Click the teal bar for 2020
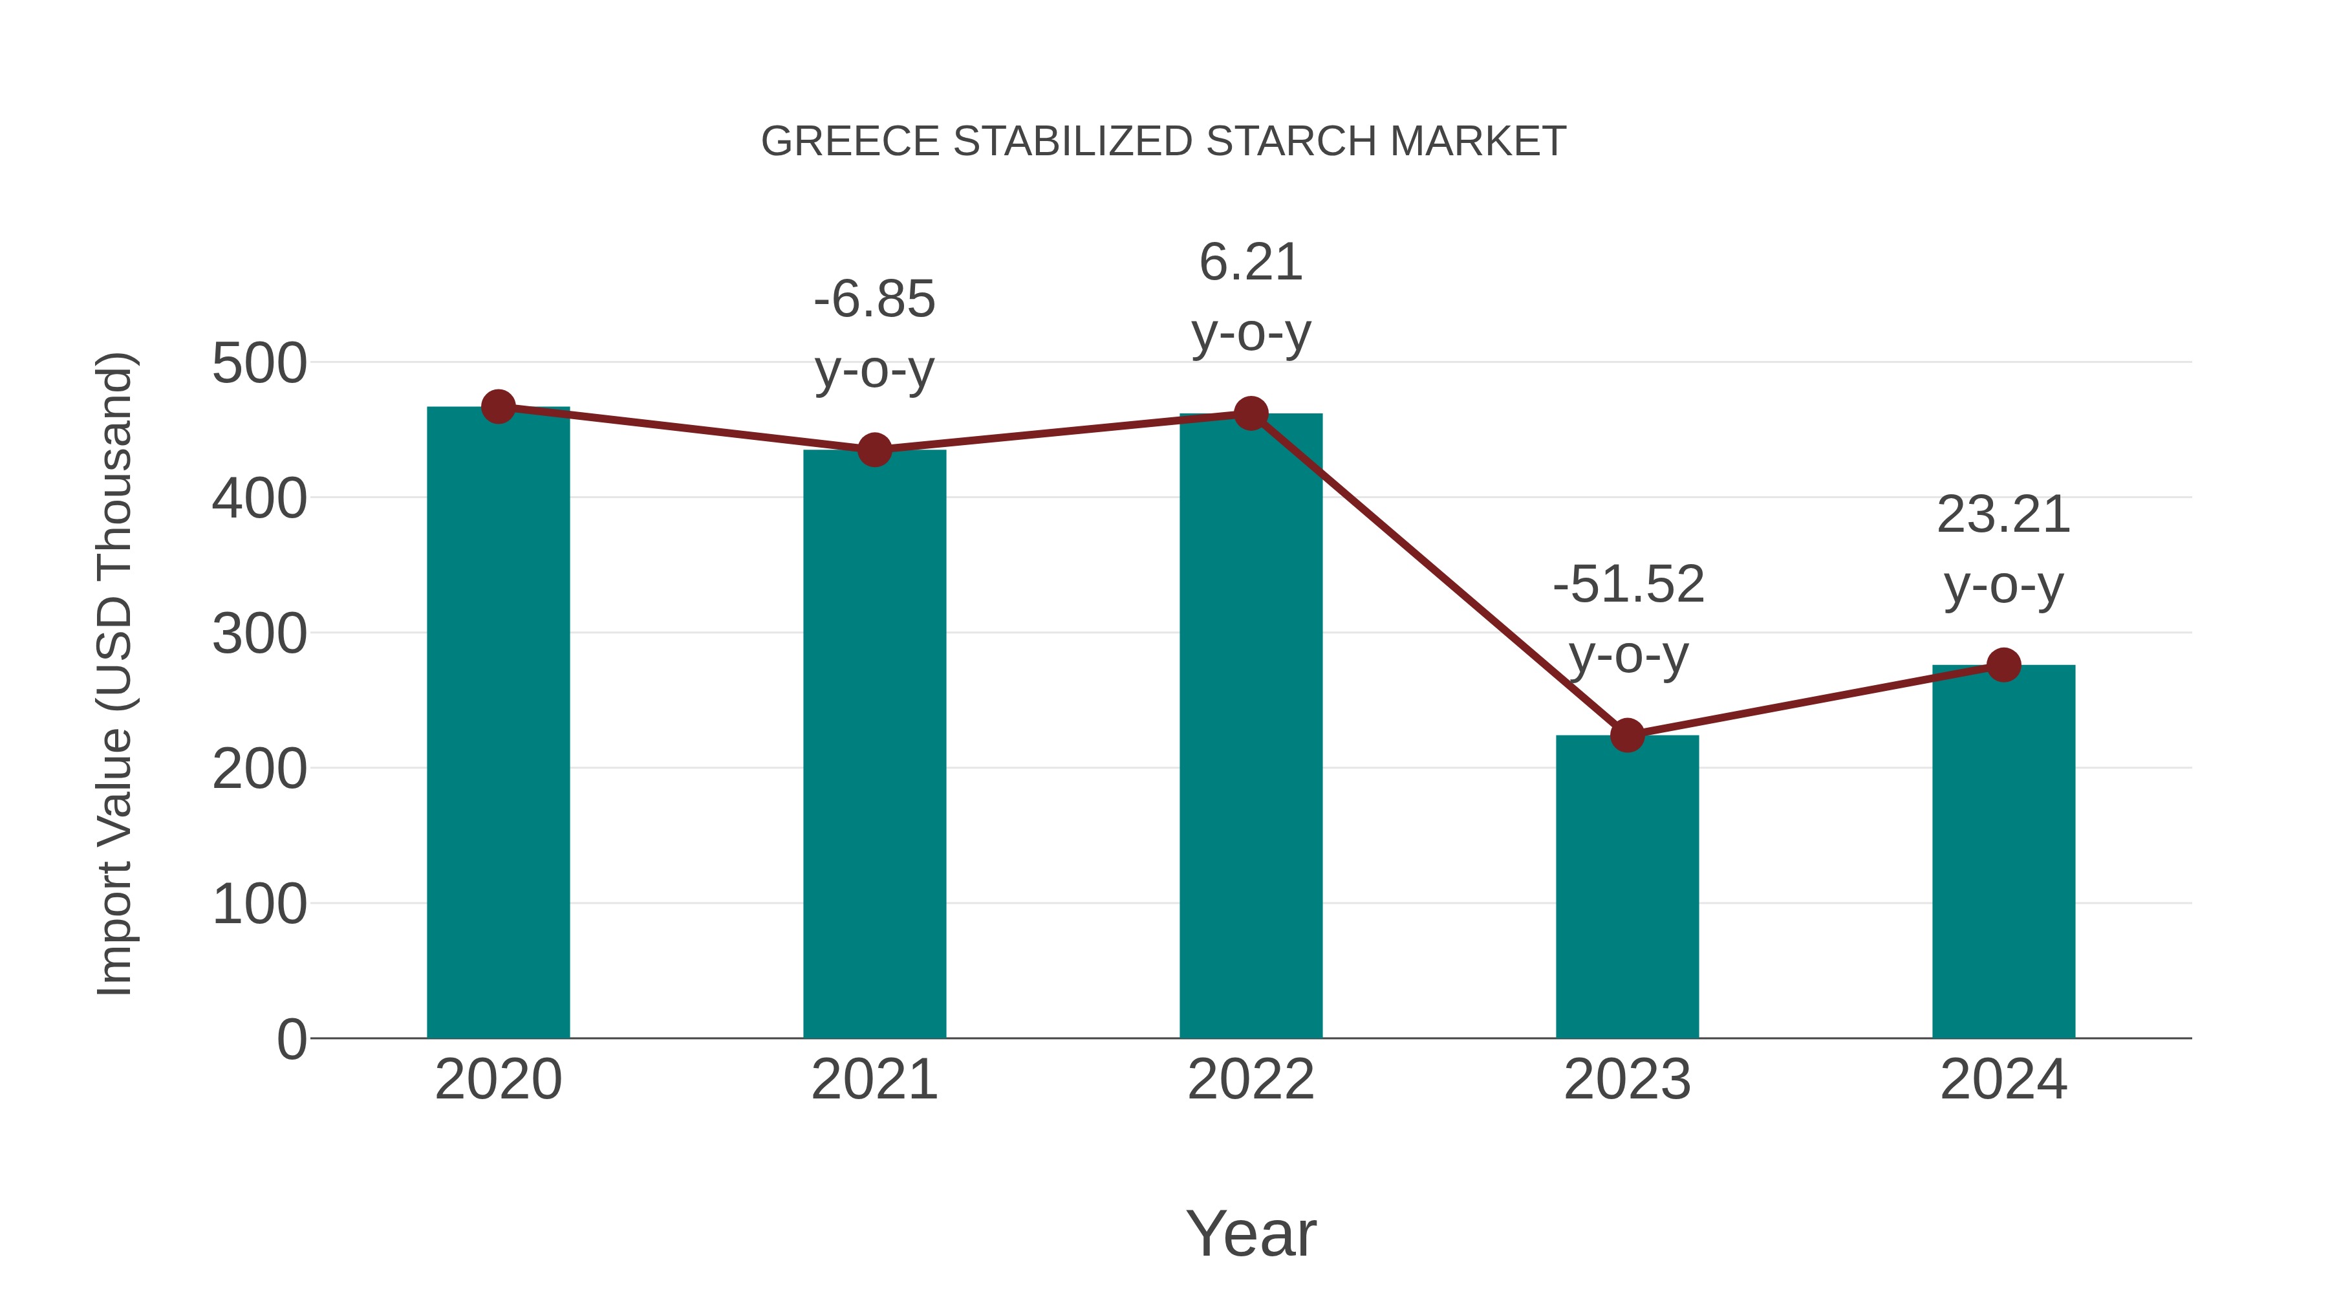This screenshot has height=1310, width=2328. point(498,723)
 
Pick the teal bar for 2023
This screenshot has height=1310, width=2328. point(1627,887)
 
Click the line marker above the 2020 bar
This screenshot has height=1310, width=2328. point(498,407)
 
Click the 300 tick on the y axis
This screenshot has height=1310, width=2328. point(259,634)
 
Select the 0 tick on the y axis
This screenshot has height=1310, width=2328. point(291,1039)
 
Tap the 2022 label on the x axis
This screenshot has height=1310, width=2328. point(1251,1080)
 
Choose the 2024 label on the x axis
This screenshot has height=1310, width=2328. point(2003,1080)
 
